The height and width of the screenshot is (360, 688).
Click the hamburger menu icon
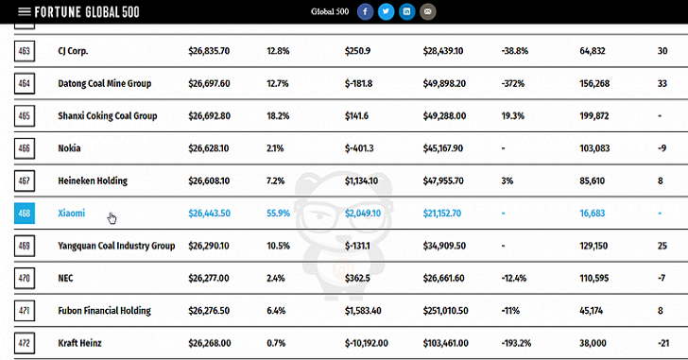(x=25, y=11)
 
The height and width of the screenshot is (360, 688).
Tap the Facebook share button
(x=365, y=11)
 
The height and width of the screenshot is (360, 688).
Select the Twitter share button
(x=387, y=11)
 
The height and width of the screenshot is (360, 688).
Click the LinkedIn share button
(x=406, y=11)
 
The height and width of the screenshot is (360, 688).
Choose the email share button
(x=428, y=11)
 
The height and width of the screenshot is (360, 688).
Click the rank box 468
(x=25, y=214)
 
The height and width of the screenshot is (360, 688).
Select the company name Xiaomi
(x=72, y=214)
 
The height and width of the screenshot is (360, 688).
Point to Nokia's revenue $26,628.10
(x=209, y=148)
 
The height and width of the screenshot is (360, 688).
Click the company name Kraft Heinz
(x=79, y=343)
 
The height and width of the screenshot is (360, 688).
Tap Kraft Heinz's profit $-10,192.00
(x=367, y=343)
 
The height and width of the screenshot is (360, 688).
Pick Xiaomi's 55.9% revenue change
(x=278, y=214)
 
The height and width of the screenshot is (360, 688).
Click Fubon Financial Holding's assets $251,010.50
(x=445, y=311)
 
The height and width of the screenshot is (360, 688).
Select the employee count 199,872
(x=594, y=116)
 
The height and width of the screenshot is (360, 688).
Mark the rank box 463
(x=25, y=51)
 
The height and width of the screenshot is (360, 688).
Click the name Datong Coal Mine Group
(x=104, y=83)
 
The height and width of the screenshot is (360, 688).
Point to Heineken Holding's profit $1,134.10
(x=361, y=180)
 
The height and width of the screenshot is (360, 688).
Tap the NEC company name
(x=65, y=278)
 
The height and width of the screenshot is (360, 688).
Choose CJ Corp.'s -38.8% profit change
(x=515, y=51)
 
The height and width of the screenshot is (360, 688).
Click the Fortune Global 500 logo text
(x=87, y=12)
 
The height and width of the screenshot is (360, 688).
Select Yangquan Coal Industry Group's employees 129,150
(x=593, y=246)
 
